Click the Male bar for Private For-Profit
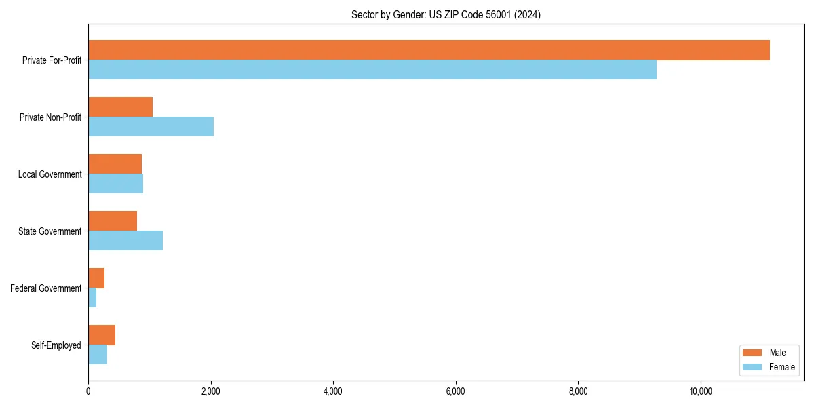coord(429,50)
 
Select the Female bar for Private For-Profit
coord(372,70)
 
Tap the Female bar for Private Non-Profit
coord(151,127)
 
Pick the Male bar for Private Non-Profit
coord(120,107)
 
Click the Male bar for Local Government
coord(115,164)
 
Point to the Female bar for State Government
coord(125,241)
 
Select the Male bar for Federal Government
coord(96,278)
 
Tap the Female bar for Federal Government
coord(92,298)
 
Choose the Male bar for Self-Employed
coord(102,335)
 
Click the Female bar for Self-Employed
coord(98,355)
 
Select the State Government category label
coord(50,231)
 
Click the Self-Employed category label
coord(56,345)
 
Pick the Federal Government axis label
coord(45,288)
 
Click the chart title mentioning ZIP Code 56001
coord(446,14)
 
